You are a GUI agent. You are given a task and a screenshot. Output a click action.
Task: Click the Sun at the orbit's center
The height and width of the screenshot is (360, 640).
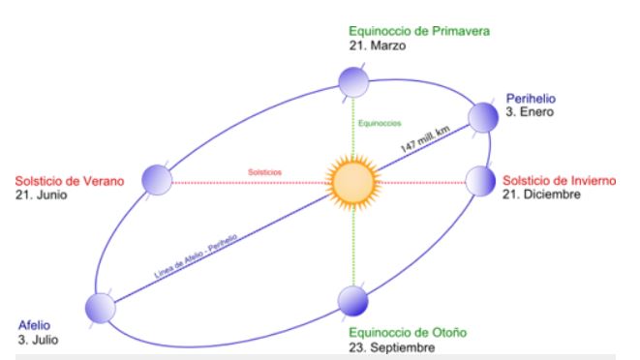point(353,183)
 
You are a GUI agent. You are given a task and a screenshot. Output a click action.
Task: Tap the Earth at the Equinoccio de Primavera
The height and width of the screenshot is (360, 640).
point(353,82)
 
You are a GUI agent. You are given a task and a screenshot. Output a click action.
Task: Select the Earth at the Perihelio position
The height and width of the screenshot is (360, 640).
point(483,117)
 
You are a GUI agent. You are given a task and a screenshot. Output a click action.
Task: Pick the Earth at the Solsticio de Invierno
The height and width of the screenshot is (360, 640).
point(480,181)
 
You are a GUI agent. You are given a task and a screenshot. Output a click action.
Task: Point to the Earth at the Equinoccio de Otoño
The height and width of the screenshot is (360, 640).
point(353,301)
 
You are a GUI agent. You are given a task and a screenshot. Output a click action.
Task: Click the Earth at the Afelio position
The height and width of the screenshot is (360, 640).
point(101,308)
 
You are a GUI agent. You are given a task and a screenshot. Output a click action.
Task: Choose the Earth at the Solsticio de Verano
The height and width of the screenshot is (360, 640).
point(157,180)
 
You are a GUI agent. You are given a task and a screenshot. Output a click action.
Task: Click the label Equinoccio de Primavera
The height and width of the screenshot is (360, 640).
point(419,31)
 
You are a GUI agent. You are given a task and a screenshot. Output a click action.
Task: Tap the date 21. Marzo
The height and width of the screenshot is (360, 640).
point(378,45)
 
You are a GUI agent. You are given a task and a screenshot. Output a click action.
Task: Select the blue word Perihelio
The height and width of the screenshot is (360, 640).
point(531,99)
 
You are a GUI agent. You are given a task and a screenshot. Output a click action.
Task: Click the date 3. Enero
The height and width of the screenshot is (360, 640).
point(530,112)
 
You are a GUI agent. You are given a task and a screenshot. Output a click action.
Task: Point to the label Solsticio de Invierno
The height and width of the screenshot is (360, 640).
point(560,180)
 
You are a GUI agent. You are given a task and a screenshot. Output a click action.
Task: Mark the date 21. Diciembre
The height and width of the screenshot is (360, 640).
point(541,195)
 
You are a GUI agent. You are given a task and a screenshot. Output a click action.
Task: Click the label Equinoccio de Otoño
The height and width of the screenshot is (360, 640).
point(408,333)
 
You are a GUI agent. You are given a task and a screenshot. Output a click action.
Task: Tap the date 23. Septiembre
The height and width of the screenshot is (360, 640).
point(392,347)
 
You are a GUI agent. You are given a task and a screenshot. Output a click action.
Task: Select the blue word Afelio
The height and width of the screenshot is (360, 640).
point(34,325)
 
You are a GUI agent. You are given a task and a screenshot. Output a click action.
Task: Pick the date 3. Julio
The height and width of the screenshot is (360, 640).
point(38,340)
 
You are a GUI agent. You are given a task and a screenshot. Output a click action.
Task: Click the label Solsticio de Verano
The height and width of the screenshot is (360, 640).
point(70,181)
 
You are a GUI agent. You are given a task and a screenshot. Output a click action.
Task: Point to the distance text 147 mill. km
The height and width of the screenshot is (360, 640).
point(425,138)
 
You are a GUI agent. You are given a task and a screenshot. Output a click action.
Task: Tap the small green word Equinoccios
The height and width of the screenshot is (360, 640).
point(380,123)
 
